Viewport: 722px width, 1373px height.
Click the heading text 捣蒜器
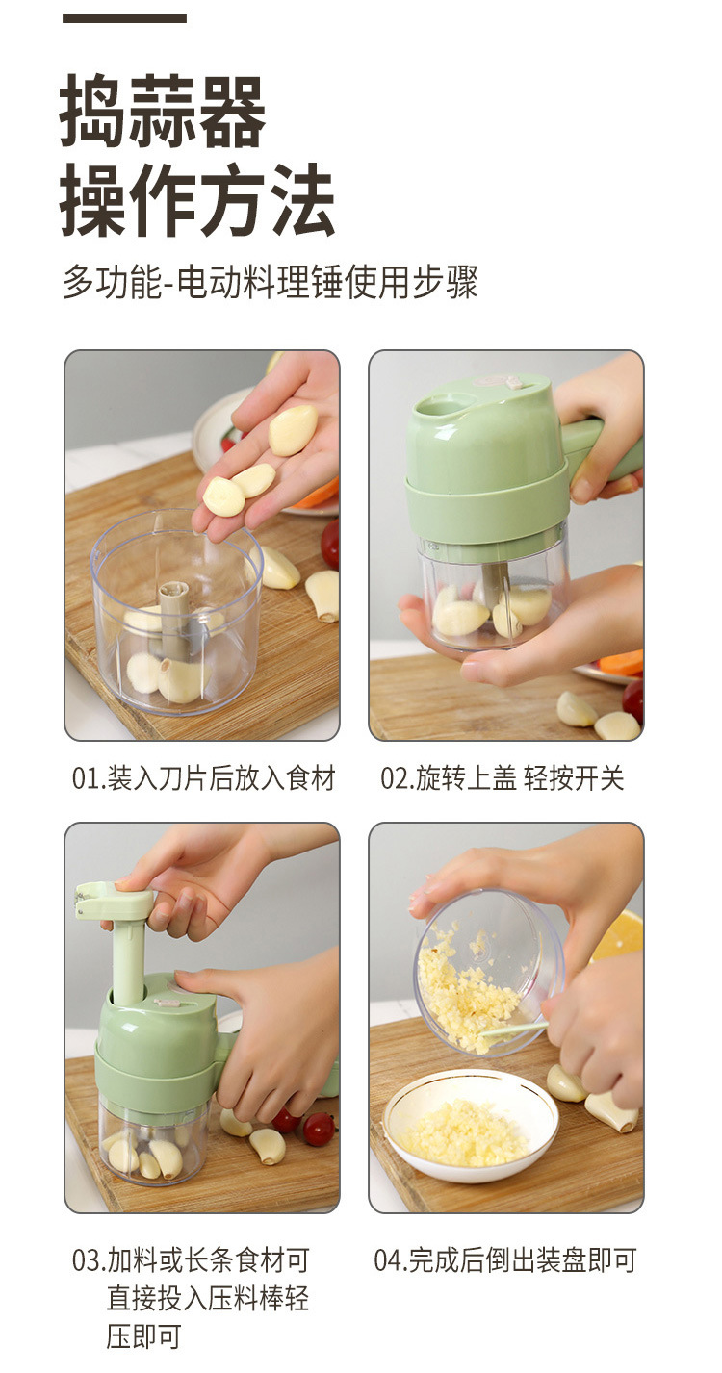[164, 114]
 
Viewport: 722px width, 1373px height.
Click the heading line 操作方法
[197, 202]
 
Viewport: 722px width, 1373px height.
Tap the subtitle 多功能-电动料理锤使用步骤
[271, 283]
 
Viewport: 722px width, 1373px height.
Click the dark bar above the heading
[124, 19]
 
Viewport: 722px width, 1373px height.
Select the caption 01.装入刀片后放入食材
[204, 778]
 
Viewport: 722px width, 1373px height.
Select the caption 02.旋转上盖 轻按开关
[503, 778]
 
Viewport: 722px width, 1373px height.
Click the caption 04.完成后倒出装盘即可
[505, 1260]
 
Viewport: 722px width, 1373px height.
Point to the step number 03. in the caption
[88, 1260]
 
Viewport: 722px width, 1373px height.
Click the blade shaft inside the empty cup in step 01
[174, 616]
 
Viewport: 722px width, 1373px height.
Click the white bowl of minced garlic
[471, 1127]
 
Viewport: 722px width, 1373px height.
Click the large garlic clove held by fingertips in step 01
[293, 429]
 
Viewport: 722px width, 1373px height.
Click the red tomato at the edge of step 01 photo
[330, 544]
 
